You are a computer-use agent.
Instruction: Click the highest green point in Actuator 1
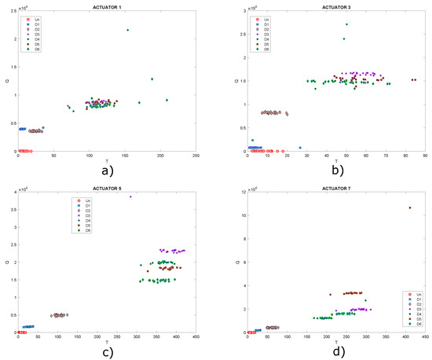[x=127, y=30]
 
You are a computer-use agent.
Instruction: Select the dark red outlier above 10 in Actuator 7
[x=409, y=208]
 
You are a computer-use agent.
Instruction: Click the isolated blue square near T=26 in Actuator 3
[x=300, y=147]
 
